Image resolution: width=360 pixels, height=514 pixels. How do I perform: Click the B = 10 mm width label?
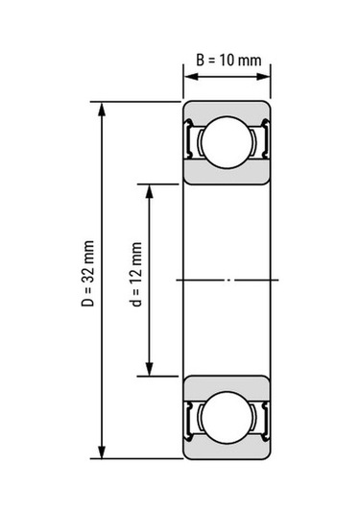point(228,61)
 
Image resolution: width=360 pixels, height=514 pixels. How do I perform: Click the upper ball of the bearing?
point(228,142)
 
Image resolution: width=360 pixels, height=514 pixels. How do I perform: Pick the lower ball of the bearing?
point(228,416)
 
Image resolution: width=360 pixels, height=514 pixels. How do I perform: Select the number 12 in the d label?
point(137,265)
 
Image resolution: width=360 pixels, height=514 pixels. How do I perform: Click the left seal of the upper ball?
point(192,143)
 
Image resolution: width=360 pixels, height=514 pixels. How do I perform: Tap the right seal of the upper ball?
point(263,143)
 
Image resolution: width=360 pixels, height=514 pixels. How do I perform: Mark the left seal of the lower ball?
point(192,416)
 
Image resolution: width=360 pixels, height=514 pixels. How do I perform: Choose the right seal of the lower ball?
point(263,416)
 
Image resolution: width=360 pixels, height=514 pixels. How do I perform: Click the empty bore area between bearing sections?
point(228,240)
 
